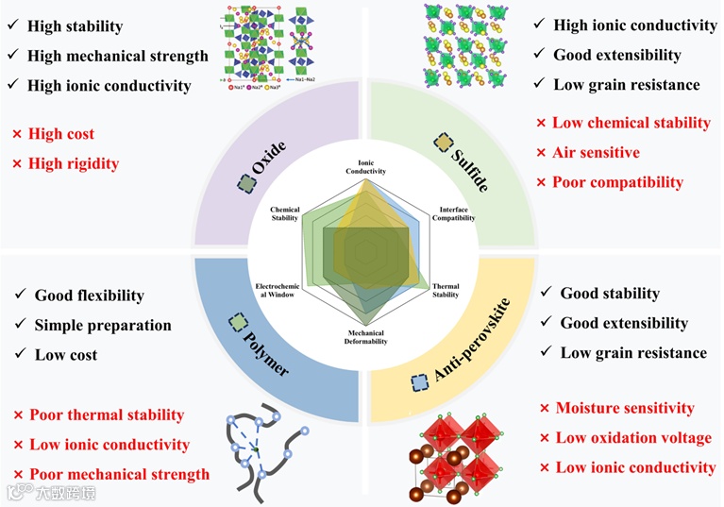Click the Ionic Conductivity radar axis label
click(x=360, y=167)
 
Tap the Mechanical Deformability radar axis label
click(x=360, y=337)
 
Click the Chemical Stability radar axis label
click(x=284, y=214)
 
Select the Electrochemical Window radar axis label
click(x=275, y=289)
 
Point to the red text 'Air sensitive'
click(x=596, y=152)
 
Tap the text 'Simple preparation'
click(x=103, y=325)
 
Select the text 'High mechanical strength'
click(x=118, y=56)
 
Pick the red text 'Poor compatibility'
click(x=617, y=181)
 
